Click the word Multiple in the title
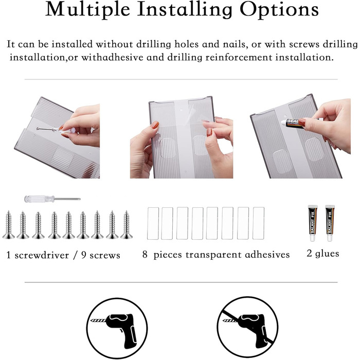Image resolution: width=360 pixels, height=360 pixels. (x=88, y=9)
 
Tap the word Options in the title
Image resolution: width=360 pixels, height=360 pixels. (x=279, y=10)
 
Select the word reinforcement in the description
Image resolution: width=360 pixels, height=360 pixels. (x=239, y=58)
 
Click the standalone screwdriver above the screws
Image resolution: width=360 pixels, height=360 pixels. (x=52, y=199)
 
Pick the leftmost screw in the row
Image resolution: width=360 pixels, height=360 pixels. (x=9, y=225)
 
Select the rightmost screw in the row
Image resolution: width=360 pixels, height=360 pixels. (x=127, y=225)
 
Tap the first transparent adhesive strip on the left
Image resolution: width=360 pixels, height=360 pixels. (x=153, y=223)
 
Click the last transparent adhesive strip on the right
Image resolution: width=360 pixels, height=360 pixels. (x=258, y=223)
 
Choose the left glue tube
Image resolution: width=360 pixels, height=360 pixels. (x=313, y=223)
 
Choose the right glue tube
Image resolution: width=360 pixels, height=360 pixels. (x=330, y=223)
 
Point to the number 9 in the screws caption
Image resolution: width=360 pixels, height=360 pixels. (x=84, y=255)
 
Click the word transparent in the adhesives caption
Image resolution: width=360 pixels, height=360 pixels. (x=213, y=255)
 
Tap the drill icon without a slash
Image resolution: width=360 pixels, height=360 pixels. (x=117, y=328)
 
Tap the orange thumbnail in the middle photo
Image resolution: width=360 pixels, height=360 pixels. (x=155, y=124)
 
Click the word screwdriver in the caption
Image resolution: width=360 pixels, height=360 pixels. (x=42, y=255)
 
